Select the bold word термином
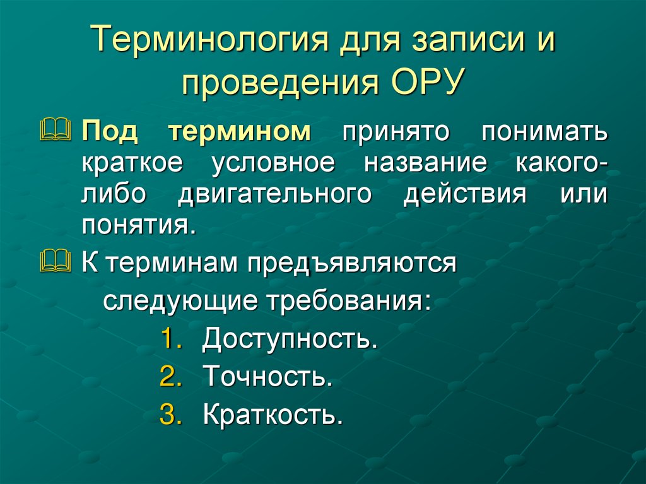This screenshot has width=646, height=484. coord(240,131)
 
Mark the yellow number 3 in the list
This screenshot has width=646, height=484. coord(170,415)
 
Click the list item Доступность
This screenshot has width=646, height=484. coord(290,339)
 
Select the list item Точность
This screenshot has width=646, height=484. coord(267,377)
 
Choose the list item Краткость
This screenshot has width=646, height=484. coord(273,415)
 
